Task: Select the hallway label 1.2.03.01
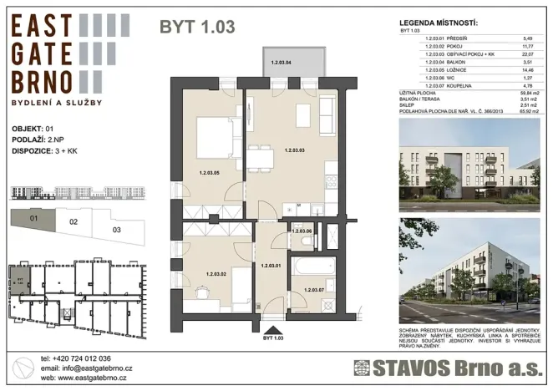[272, 266]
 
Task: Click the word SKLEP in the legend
[410, 103]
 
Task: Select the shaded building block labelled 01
[33, 221]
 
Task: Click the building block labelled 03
[115, 227]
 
